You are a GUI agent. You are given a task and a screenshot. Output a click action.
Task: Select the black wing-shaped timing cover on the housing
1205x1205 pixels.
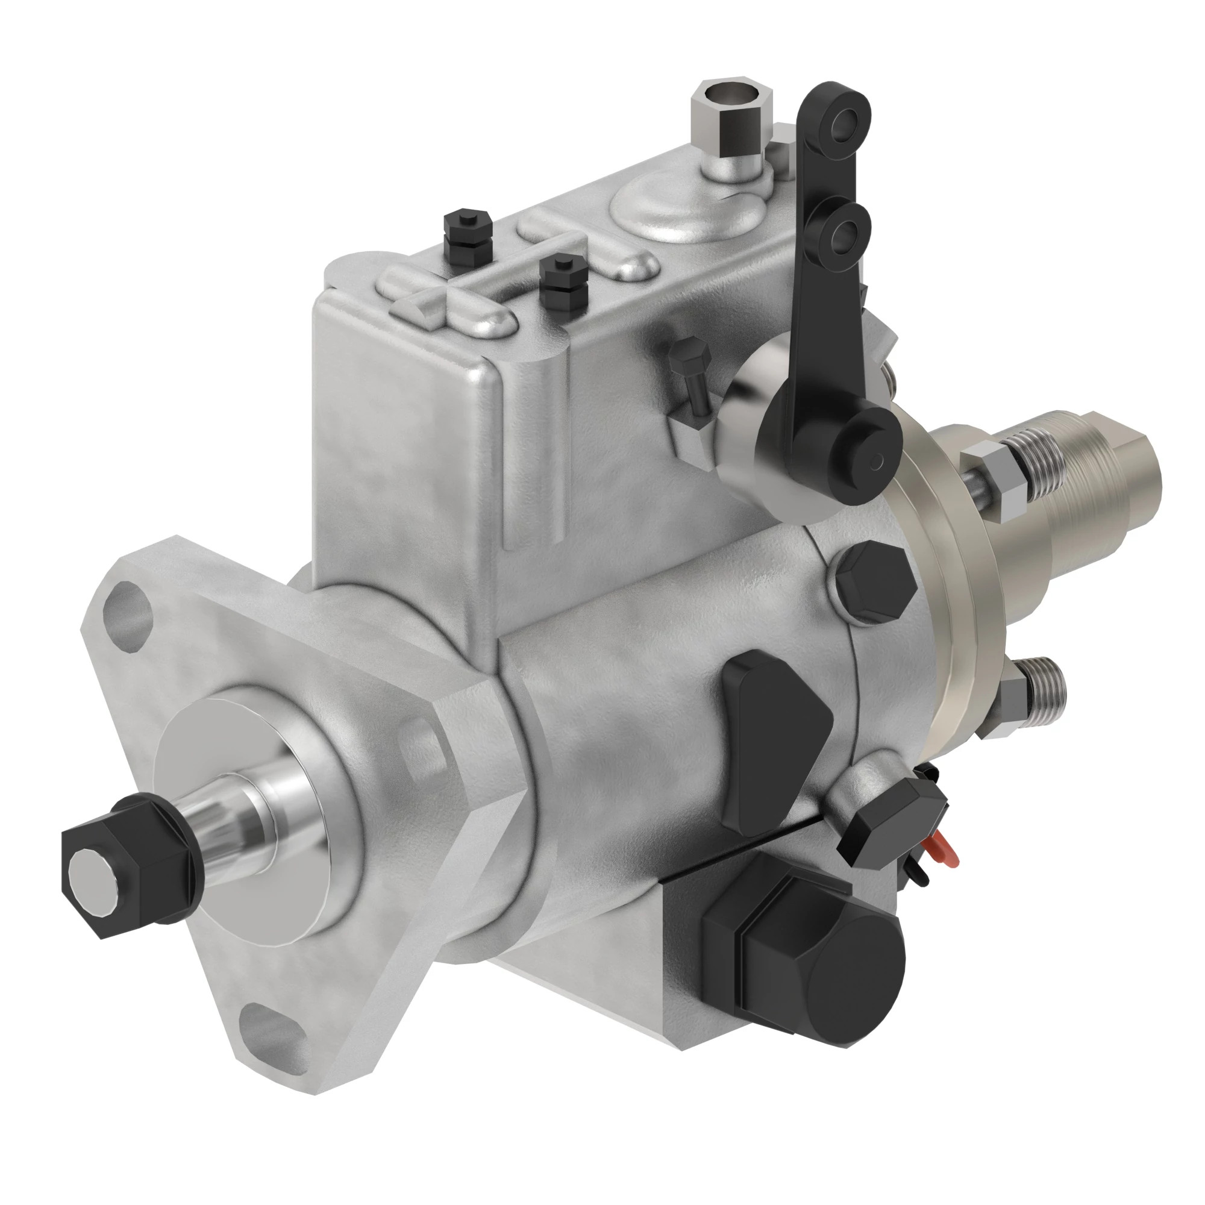(774, 739)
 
